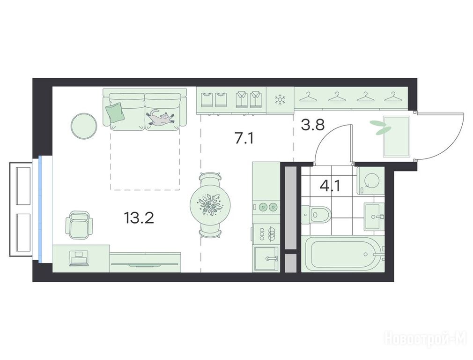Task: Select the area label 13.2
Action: pyautogui.click(x=139, y=218)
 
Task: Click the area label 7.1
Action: pyautogui.click(x=244, y=139)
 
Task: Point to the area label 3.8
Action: pyautogui.click(x=313, y=124)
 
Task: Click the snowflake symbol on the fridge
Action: pyautogui.click(x=280, y=100)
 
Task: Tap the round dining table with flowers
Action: pyautogui.click(x=211, y=204)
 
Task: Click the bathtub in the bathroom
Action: pyautogui.click(x=342, y=254)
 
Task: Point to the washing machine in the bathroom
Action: pyautogui.click(x=370, y=180)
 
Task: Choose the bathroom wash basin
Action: pyautogui.click(x=374, y=217)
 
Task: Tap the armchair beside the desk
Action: pyautogui.click(x=79, y=225)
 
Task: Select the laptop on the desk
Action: pyautogui.click(x=79, y=259)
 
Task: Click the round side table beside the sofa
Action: pyautogui.click(x=84, y=126)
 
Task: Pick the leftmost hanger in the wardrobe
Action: pyautogui.click(x=308, y=97)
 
